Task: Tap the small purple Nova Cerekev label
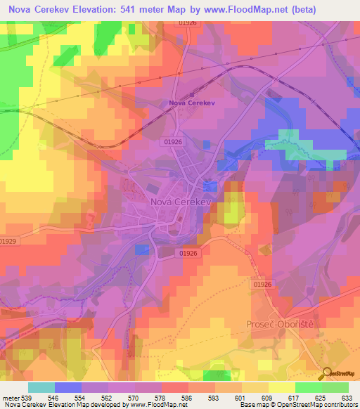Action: point(192,104)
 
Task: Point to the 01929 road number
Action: point(9,241)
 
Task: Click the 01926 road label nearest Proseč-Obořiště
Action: point(262,284)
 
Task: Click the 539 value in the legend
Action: point(26,397)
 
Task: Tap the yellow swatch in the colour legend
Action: point(281,387)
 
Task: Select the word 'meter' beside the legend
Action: point(10,397)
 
